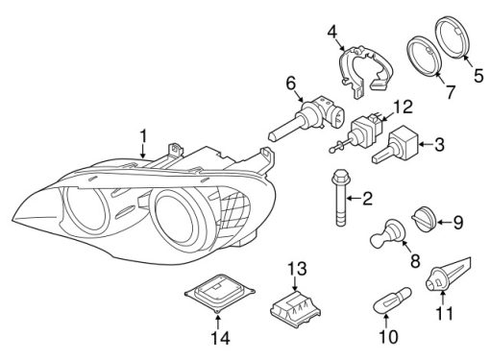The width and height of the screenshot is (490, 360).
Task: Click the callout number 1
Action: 143,136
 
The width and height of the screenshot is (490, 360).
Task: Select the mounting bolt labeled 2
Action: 340,198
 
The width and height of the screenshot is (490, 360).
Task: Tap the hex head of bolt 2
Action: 340,177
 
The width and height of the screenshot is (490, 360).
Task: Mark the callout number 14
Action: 221,337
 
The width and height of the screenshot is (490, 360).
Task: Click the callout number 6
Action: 291,84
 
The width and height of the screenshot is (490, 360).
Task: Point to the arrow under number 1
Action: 143,151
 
